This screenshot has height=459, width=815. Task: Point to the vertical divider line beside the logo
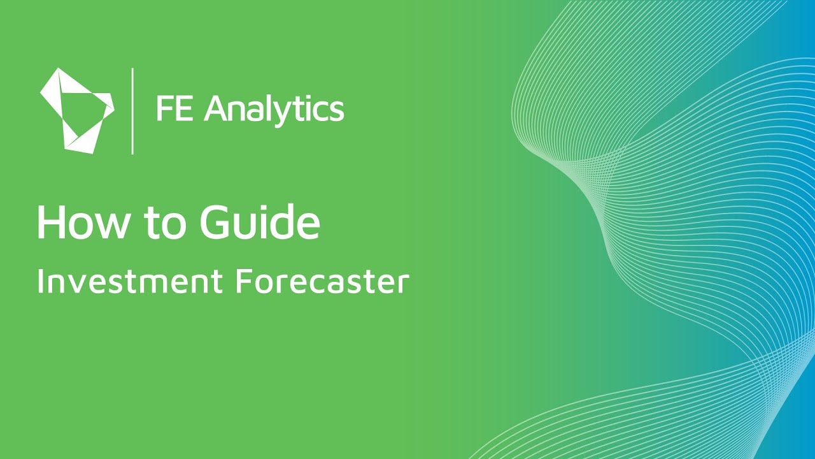pos(132,110)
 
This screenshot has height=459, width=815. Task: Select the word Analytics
pos(274,110)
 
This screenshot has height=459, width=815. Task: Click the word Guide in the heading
pos(260,222)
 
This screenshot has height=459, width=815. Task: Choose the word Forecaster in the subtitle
pos(322,281)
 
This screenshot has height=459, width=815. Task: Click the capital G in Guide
pos(216,222)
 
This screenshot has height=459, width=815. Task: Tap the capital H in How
pos(50,222)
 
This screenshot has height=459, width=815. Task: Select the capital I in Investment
pos(40,281)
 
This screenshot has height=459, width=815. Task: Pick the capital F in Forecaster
pos(243,281)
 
